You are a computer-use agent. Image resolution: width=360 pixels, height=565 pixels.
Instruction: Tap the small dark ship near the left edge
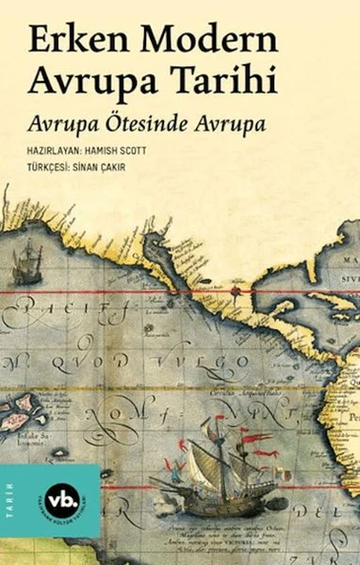tap(28, 261)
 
